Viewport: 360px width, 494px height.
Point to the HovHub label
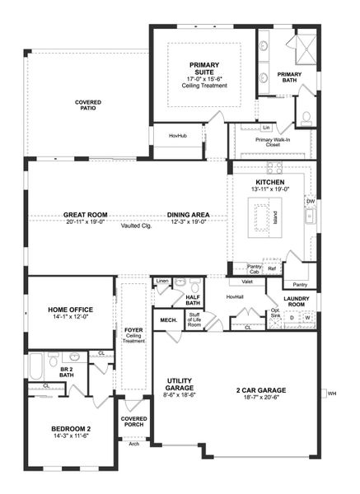tap(177, 135)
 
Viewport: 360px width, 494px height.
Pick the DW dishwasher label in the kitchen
tap(311, 201)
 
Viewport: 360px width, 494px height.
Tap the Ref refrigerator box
tap(271, 268)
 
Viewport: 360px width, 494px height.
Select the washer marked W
tap(307, 318)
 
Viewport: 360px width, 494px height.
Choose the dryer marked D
tap(292, 318)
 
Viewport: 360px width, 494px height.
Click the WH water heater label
tap(333, 393)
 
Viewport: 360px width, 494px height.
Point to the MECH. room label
tap(168, 320)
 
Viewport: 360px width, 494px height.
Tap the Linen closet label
tap(162, 282)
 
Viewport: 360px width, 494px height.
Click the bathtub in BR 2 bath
tap(37, 363)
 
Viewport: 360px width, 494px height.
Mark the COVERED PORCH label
tap(133, 422)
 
